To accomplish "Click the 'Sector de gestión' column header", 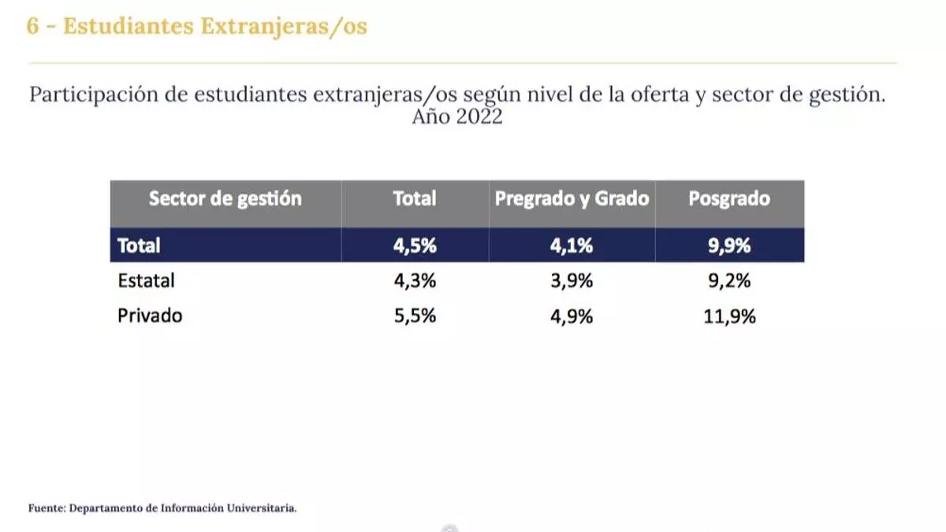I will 225,199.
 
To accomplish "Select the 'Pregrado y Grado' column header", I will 572,199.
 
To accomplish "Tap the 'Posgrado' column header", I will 729,199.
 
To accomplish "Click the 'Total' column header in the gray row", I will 415,199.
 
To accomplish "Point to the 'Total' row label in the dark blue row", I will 139,245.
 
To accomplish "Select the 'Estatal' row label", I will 146,280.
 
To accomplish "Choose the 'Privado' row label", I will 150,315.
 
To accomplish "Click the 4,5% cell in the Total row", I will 415,245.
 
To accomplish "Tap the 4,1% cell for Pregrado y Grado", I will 572,245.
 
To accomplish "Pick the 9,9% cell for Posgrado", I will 729,245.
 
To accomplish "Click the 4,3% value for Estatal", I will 415,280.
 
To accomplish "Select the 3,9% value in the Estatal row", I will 572,280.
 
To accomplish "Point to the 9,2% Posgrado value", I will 729,280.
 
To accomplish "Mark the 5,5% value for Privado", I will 415,315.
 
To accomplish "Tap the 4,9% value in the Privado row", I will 572,315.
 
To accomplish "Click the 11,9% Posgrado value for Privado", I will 729,315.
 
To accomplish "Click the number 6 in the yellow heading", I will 32,26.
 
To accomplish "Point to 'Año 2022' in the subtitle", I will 457,117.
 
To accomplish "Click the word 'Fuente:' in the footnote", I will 47,508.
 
